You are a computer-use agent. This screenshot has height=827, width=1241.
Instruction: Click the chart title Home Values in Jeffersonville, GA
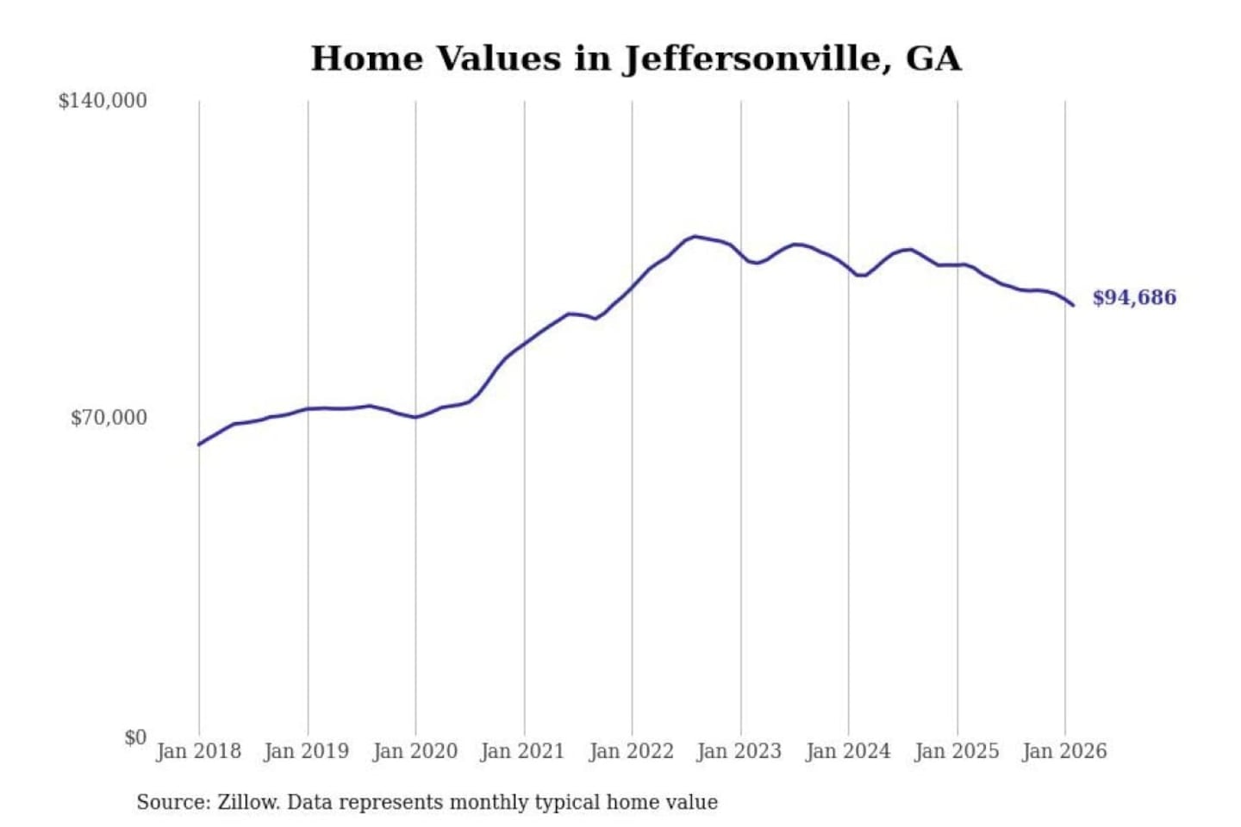tap(635, 59)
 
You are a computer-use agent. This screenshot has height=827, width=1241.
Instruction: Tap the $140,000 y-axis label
tap(103, 101)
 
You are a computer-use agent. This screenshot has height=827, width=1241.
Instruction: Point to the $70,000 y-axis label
tap(109, 418)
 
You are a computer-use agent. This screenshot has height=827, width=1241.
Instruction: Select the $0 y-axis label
tap(134, 737)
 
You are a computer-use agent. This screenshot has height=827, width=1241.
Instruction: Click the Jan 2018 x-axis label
tap(198, 751)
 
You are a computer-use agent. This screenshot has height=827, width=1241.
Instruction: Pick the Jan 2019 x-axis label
tap(306, 751)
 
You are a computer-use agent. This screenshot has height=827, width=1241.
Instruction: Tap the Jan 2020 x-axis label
tap(415, 751)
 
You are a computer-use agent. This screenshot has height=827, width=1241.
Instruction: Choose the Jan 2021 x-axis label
tap(522, 751)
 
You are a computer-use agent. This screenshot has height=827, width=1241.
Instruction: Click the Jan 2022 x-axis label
tap(631, 751)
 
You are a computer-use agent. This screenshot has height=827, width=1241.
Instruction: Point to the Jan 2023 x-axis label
tap(739, 751)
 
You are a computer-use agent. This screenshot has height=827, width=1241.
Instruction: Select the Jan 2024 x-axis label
tap(847, 751)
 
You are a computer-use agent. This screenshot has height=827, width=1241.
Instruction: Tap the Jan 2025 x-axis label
tap(956, 751)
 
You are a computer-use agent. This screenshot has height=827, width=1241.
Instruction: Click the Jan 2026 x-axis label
tap(1063, 751)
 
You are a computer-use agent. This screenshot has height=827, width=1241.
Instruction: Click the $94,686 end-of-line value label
tap(1134, 298)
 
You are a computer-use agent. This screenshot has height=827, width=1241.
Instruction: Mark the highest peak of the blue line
tap(695, 236)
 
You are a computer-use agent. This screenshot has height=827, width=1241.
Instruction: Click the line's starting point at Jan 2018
tap(199, 445)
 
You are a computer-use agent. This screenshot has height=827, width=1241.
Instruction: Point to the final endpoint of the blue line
tap(1073, 305)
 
